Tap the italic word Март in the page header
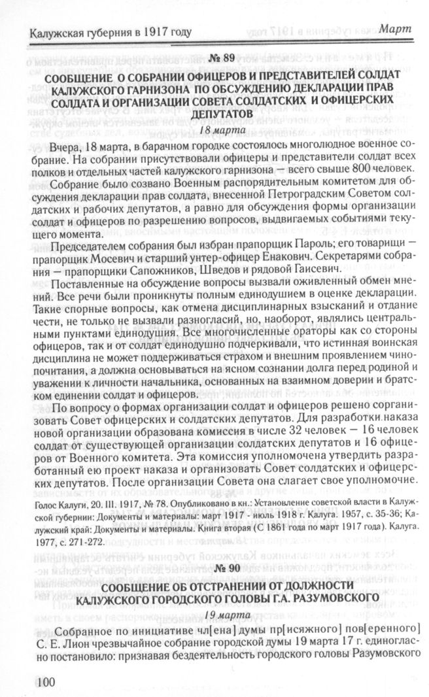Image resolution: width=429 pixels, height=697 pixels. (x=396, y=30)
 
